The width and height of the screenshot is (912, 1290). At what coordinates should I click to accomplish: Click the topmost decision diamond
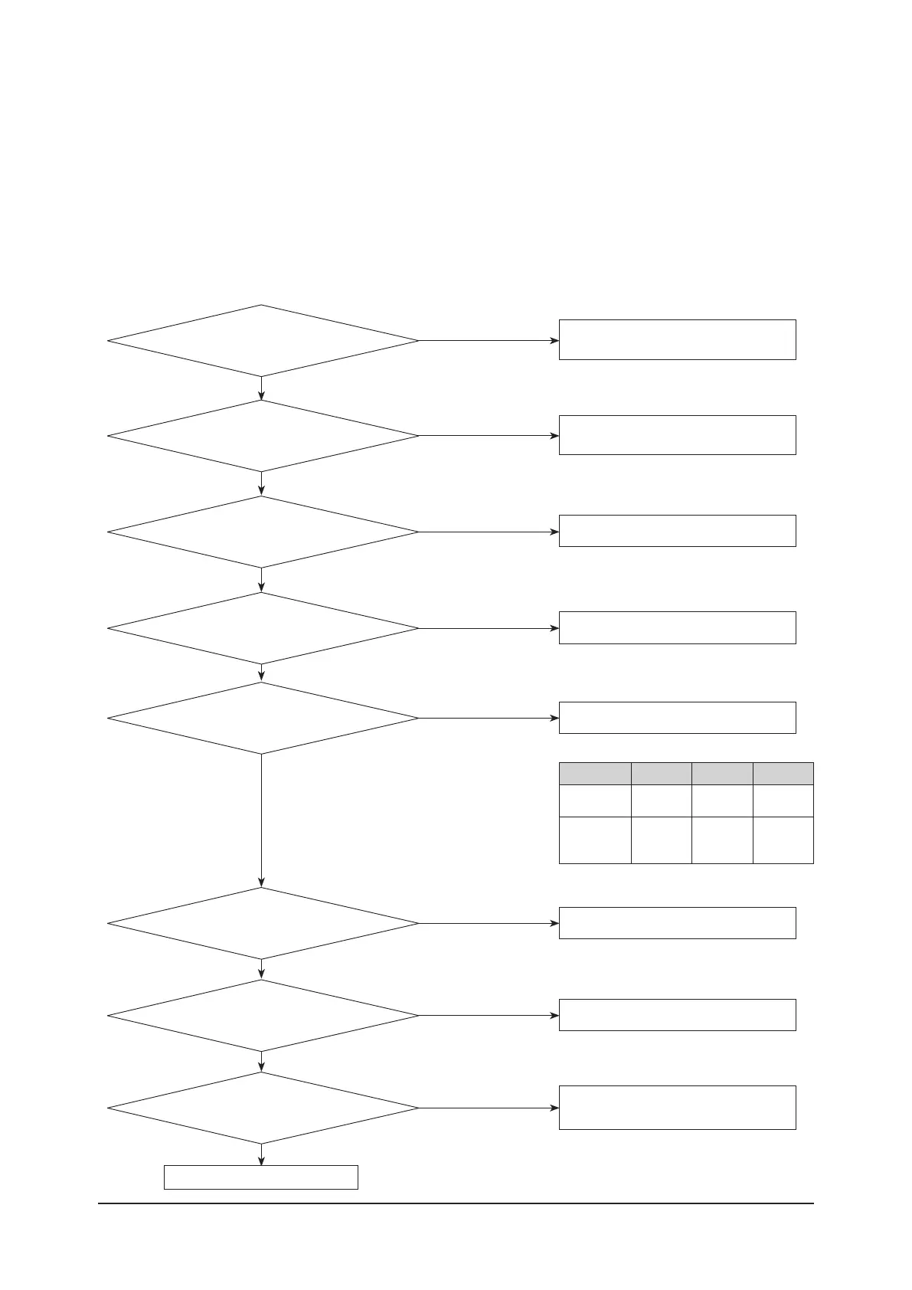(262, 341)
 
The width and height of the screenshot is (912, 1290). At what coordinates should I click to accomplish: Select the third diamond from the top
(262, 532)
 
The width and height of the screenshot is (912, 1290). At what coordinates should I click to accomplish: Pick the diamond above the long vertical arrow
(262, 719)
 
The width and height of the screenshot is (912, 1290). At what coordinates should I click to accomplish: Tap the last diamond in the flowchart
(262, 1108)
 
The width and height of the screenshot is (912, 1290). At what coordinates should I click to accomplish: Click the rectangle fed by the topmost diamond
(677, 339)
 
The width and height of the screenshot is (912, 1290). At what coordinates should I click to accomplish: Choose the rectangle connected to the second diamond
(677, 435)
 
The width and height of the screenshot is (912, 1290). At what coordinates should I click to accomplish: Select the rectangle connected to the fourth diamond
(677, 627)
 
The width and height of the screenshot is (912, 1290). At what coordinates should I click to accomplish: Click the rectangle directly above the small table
(677, 718)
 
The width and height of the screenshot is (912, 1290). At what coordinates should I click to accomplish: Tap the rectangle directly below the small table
(677, 923)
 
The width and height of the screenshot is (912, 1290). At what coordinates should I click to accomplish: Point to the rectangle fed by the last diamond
(677, 1107)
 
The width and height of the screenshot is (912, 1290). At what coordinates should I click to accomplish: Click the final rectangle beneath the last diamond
(261, 1177)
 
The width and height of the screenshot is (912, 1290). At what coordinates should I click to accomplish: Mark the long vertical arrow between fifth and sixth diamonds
(262, 820)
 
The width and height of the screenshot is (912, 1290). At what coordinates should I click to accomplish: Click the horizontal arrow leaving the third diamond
(489, 532)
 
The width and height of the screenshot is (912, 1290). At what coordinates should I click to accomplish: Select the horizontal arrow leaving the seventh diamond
(489, 1016)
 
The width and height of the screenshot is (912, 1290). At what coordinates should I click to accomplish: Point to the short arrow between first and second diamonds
(262, 388)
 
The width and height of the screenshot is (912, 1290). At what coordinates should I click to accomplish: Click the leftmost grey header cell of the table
(595, 774)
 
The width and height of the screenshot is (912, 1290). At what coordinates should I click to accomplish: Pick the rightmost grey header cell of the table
(783, 774)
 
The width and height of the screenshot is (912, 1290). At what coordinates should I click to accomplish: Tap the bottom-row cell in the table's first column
(595, 840)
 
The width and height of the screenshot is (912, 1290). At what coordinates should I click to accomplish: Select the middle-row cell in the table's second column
(661, 801)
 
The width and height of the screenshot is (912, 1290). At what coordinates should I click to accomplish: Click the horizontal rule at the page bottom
(456, 1203)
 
